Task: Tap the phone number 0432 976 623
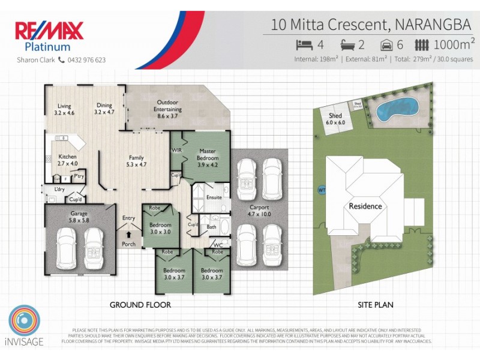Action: point(86,60)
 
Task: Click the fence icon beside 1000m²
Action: point(422,44)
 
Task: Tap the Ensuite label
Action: point(214,197)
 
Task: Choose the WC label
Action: point(218,244)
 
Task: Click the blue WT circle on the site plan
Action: point(322,191)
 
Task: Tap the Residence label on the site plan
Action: point(365,206)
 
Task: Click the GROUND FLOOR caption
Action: point(140,305)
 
